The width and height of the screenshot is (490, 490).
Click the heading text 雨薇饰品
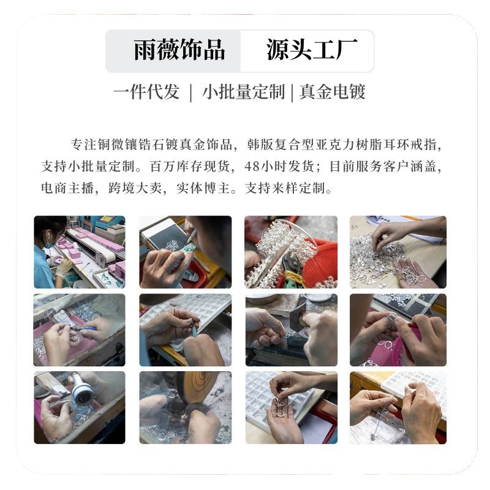pos(179,50)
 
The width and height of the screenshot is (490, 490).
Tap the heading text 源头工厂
pos(312,50)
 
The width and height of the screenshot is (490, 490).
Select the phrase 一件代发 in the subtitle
pos(146,92)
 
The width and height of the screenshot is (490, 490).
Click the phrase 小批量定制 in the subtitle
pos(243,92)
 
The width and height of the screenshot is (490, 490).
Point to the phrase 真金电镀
pos(332,92)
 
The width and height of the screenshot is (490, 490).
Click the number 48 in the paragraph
pos(252,166)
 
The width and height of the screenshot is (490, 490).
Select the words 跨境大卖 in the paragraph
pos(135,188)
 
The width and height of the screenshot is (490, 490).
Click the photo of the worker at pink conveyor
pos(80,252)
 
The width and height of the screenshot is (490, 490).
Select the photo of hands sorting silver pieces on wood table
pos(398,252)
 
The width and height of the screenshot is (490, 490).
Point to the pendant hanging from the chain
pos(373,437)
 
